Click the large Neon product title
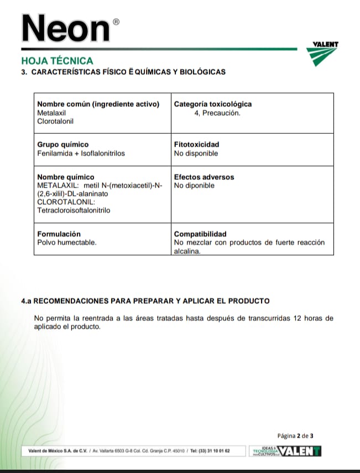(x=64, y=28)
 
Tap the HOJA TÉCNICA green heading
(x=57, y=61)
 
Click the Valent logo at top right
(x=325, y=53)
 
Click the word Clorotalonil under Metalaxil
(x=55, y=121)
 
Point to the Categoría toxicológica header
(x=212, y=104)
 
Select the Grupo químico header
(x=62, y=144)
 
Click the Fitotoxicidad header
(x=196, y=144)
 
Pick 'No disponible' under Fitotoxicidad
(x=196, y=153)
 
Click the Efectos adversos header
(x=204, y=177)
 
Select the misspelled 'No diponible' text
(x=194, y=185)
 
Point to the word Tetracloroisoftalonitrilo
(x=74, y=210)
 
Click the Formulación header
(x=59, y=234)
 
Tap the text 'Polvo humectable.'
(x=66, y=242)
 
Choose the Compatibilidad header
(x=200, y=234)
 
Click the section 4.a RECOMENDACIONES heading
(x=145, y=301)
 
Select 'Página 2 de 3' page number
(x=295, y=435)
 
